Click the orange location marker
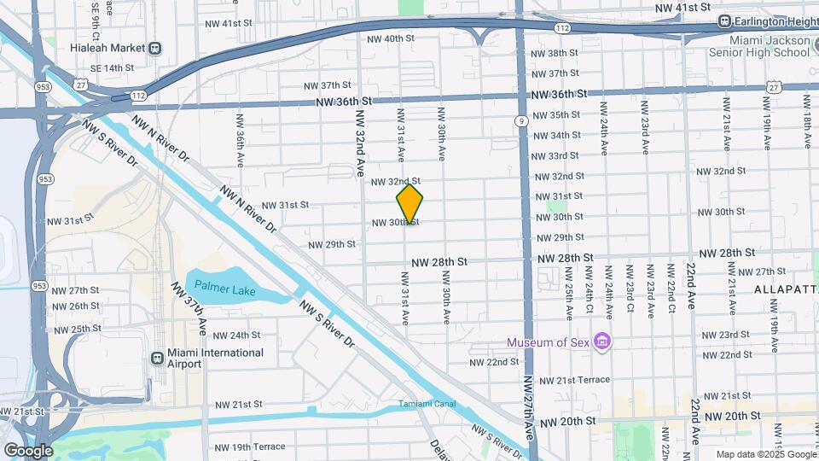(409, 204)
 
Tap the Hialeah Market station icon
(155, 49)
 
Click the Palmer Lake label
(224, 289)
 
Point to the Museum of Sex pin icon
(603, 341)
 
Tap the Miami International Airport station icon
(157, 358)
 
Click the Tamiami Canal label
(422, 404)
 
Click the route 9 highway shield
(520, 121)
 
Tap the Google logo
(28, 451)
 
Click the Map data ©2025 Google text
(764, 454)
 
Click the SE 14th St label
(107, 67)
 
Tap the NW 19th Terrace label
(250, 446)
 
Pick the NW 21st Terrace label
(575, 379)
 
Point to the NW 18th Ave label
(807, 121)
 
